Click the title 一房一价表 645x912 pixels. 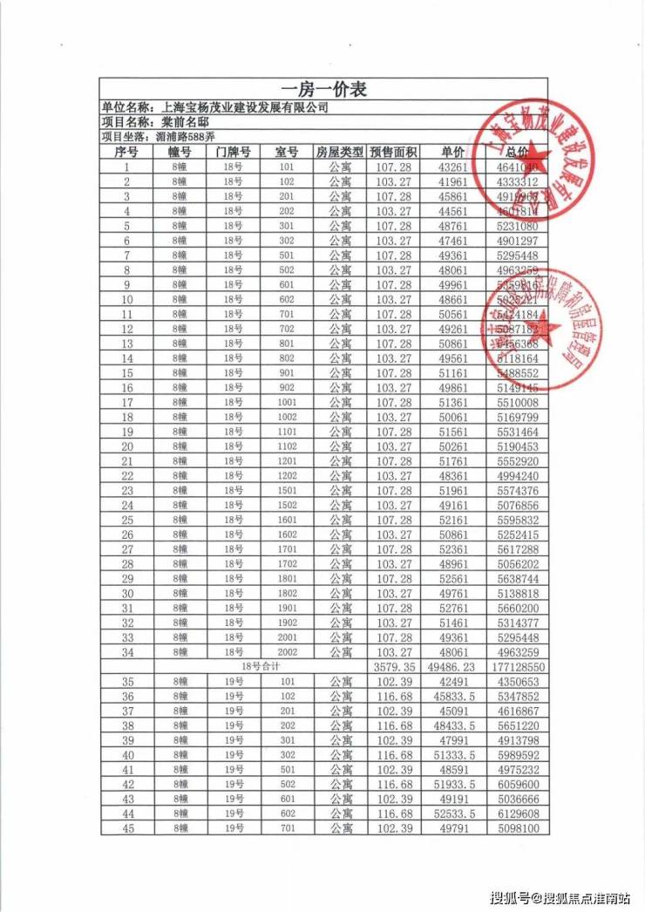coord(322,90)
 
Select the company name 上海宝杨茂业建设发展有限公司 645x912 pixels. coord(247,107)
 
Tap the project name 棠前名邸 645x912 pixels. coord(180,122)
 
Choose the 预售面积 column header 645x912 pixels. coord(393,152)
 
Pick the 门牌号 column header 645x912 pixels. coord(233,152)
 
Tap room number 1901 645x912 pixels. coord(287,609)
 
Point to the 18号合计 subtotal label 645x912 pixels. coord(261,667)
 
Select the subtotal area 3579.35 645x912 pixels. coord(393,667)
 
